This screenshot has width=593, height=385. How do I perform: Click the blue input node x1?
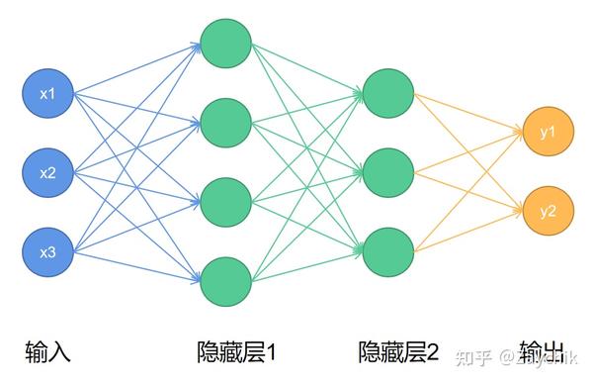tap(47, 94)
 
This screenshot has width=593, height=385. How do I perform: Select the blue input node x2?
tap(47, 173)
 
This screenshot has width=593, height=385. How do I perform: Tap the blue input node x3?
tap(47, 252)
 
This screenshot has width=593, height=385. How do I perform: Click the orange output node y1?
tap(549, 132)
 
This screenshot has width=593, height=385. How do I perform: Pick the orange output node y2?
tap(549, 211)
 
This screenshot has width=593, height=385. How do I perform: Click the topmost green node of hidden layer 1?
tap(224, 41)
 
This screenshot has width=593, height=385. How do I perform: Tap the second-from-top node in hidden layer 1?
tap(224, 121)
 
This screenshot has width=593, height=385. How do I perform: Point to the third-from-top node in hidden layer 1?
tap(224, 201)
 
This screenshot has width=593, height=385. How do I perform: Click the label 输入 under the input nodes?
tap(47, 350)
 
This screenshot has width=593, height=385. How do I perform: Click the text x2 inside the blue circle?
tap(47, 173)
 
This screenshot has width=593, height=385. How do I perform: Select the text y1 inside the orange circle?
tap(549, 132)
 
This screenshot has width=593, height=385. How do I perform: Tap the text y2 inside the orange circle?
tap(549, 211)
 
